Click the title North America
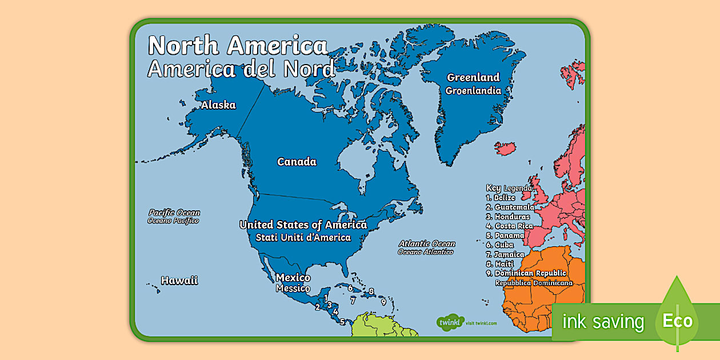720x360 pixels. [x=238, y=46]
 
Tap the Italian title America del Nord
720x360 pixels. [x=241, y=69]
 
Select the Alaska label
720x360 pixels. [x=218, y=105]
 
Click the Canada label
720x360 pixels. [x=297, y=162]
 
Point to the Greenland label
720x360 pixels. [x=473, y=78]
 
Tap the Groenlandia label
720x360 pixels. [x=473, y=90]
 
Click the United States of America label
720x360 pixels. [x=303, y=225]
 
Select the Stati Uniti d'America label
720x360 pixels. [x=303, y=237]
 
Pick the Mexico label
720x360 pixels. [x=293, y=278]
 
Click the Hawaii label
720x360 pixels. [x=179, y=281]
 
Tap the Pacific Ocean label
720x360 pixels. [x=174, y=213]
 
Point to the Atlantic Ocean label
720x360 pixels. [x=427, y=243]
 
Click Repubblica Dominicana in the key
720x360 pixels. [x=534, y=283]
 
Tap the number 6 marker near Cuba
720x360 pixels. [x=350, y=288]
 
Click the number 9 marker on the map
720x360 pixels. [x=383, y=302]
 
